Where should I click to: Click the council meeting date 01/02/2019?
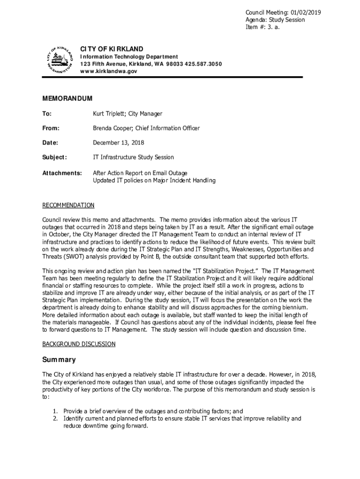(305, 13)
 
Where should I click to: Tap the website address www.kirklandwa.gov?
(108, 71)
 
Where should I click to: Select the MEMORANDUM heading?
(67, 98)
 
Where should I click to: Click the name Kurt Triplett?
(109, 114)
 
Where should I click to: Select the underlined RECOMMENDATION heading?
(68, 205)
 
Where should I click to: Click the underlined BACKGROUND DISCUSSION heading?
(79, 344)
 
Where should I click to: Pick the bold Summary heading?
(59, 360)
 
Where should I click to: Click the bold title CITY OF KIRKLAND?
(112, 49)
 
